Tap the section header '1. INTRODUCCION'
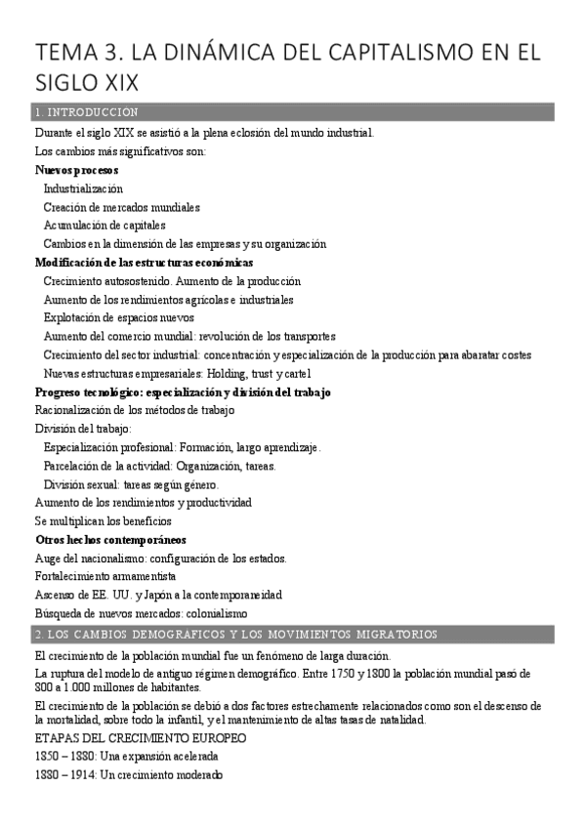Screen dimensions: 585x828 click(x=85, y=112)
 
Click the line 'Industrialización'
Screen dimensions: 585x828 click(x=83, y=188)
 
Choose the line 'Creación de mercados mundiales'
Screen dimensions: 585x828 click(x=121, y=207)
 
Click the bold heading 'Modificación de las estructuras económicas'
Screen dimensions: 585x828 click(x=144, y=263)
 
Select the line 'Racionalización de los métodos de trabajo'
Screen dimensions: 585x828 click(x=135, y=410)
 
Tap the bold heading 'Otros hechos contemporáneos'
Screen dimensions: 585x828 click(x=110, y=539)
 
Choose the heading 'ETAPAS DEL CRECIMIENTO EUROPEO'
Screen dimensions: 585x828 click(x=140, y=738)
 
